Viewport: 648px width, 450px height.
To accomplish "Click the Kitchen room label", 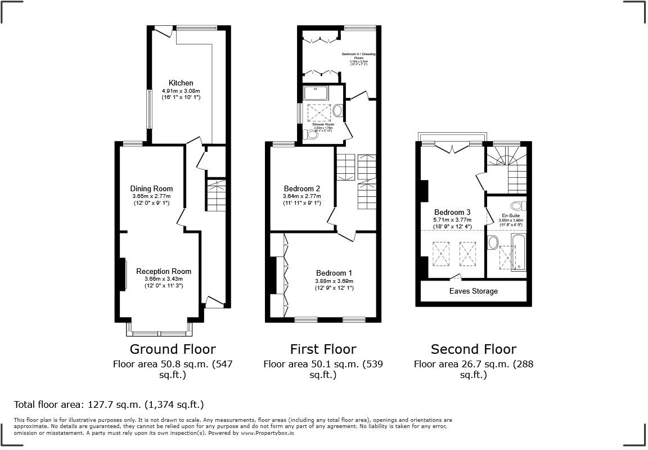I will (181, 83).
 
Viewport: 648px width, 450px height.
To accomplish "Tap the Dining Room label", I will (151, 188).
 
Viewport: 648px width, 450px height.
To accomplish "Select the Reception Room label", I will (163, 271).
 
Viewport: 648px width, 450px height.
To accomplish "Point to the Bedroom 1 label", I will (334, 273).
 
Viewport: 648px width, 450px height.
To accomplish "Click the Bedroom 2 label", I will (302, 188).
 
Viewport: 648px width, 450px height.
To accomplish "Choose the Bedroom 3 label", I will (452, 212).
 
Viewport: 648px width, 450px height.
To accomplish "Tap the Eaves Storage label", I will (473, 291).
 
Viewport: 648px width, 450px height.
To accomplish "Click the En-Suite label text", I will (511, 215).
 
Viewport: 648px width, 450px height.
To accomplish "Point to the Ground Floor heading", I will (173, 349).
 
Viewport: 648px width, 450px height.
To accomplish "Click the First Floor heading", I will (323, 349).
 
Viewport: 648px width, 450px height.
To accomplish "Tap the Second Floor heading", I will (473, 349).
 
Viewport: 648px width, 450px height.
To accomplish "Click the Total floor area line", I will (109, 404).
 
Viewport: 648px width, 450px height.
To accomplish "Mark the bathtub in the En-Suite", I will (518, 252).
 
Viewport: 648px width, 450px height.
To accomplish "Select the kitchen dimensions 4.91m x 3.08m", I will (181, 91).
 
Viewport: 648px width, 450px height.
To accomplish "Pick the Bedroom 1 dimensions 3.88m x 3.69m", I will (334, 281).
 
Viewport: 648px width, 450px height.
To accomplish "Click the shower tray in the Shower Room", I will (319, 93).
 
